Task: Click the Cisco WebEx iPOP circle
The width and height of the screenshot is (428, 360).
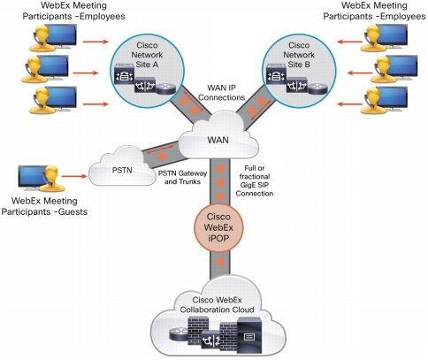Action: click(218, 227)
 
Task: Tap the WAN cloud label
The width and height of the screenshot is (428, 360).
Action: click(218, 140)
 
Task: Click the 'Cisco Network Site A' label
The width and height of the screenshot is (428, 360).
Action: click(147, 55)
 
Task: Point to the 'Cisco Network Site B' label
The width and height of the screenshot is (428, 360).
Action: click(299, 55)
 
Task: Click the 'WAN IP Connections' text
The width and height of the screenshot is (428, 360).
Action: click(221, 93)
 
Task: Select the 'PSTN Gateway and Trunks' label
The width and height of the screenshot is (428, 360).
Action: click(182, 178)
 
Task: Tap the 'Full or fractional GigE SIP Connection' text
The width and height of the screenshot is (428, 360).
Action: click(255, 180)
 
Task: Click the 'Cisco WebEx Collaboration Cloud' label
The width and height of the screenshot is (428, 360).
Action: click(217, 305)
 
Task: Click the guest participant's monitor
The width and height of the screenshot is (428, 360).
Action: click(32, 176)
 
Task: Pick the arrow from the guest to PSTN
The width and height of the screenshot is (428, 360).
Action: click(74, 176)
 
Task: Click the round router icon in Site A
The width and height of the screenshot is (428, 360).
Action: click(166, 88)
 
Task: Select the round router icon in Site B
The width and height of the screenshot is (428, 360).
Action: click(317, 88)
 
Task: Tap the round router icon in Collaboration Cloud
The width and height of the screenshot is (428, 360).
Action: click(180, 333)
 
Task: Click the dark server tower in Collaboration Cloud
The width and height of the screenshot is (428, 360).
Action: click(249, 335)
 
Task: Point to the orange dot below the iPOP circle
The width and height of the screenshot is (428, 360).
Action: click(220, 262)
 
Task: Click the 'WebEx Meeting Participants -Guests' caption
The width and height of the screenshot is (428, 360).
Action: click(44, 206)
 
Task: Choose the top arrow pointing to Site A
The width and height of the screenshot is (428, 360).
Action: click(96, 42)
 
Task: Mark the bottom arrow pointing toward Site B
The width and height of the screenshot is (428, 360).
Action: click(349, 104)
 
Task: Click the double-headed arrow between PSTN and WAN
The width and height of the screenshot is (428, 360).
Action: click(161, 148)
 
